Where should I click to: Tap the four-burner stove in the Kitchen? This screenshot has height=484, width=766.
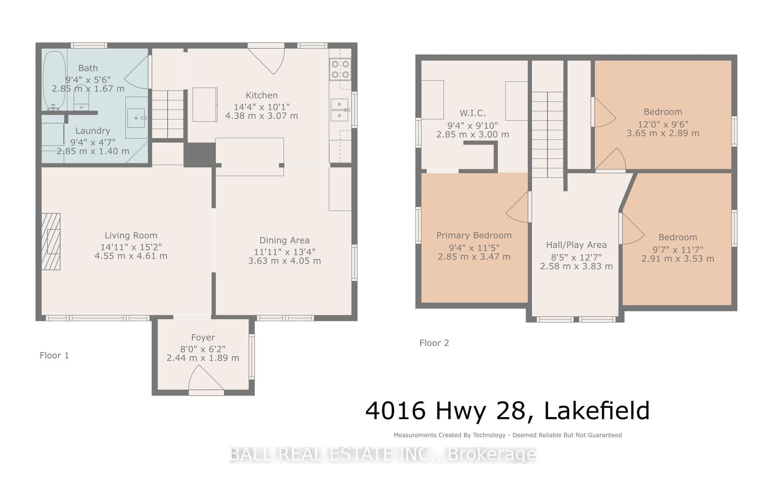click(340, 69)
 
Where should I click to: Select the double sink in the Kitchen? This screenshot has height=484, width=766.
click(340, 110)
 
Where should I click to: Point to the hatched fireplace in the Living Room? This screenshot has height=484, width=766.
click(51, 241)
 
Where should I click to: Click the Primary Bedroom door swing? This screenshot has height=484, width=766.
click(517, 207)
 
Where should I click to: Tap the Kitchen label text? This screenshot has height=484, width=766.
click(262, 96)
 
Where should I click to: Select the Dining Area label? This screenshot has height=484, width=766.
click(285, 240)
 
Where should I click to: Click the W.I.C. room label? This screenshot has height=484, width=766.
click(473, 113)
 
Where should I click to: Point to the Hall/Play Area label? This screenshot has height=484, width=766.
click(576, 245)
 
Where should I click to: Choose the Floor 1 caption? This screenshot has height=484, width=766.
click(54, 355)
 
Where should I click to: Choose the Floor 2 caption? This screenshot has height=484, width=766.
click(434, 343)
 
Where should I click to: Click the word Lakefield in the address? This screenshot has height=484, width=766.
click(597, 411)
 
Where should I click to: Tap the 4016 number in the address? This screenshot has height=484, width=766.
click(395, 411)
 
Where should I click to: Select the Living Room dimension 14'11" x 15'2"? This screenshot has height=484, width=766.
click(131, 247)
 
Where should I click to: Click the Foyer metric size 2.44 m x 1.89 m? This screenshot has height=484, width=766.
click(203, 358)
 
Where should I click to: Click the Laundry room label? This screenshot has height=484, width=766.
click(93, 131)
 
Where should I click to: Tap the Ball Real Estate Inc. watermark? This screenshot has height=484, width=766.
click(383, 455)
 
